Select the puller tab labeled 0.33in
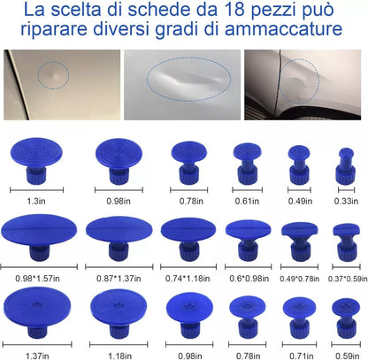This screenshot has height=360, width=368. tap(345, 164)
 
